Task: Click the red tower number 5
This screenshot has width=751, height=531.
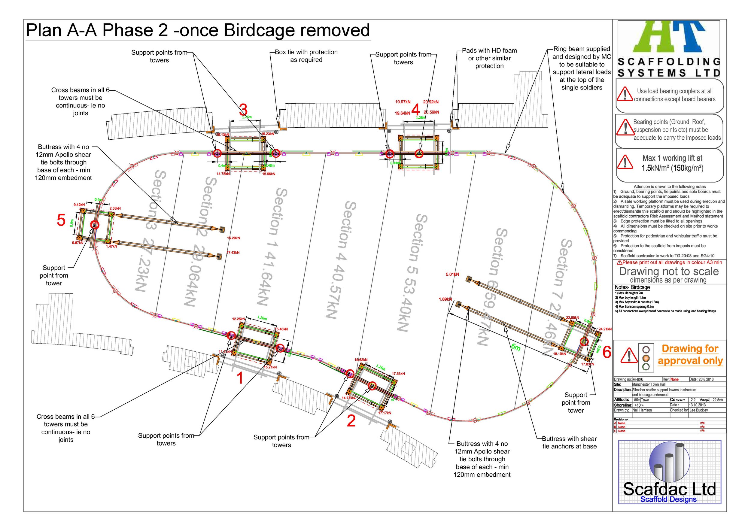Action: pos(61,220)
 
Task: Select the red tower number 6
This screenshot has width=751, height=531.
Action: pos(607,353)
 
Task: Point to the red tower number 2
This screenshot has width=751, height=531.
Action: pos(351,421)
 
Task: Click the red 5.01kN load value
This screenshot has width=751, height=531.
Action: pos(452,274)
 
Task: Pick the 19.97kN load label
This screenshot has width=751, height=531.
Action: pos(403,102)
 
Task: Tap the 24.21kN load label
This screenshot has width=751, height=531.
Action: pos(605,329)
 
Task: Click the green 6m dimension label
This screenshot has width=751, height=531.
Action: pos(515,347)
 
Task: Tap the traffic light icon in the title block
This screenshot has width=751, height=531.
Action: pos(646,357)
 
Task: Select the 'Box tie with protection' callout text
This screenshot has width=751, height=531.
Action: pos(306,56)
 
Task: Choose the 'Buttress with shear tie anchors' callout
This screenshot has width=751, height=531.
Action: pos(569,442)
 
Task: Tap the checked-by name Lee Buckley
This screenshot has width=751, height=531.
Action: pos(699,410)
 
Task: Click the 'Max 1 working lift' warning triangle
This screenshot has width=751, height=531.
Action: pos(625,162)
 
